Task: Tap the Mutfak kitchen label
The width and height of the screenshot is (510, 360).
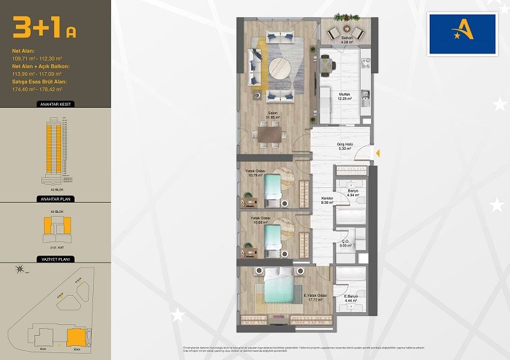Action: coord(345,96)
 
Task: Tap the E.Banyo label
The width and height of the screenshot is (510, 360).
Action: coord(350,298)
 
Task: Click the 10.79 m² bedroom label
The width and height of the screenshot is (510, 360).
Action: coord(255,173)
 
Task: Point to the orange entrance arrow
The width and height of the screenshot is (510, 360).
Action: coord(377,153)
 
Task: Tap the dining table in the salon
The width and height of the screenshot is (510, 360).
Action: coord(268,136)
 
